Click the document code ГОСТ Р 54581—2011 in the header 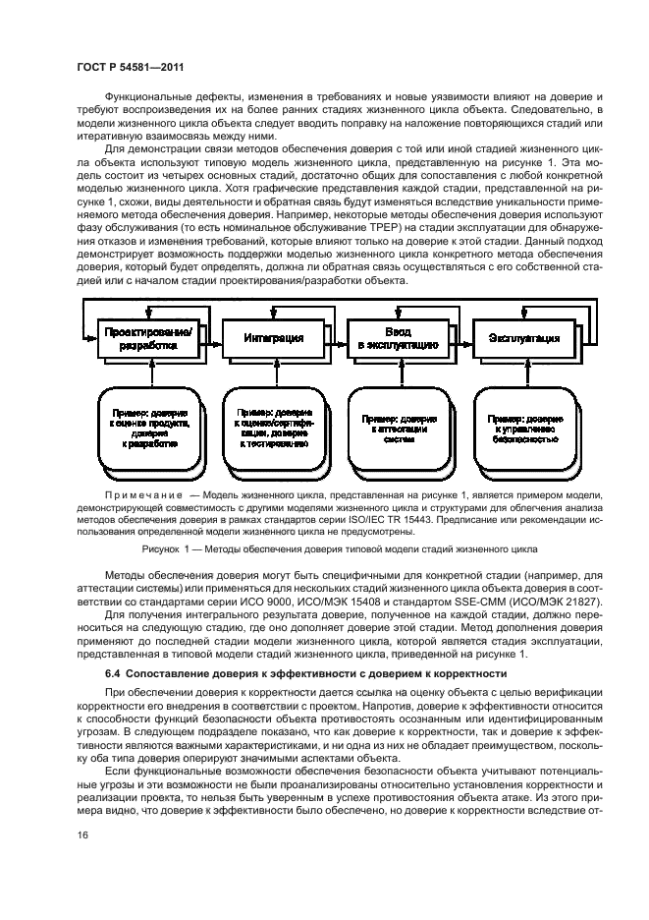pyautogui.click(x=131, y=67)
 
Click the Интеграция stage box pyautogui.click(x=272, y=338)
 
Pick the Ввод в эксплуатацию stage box pyautogui.click(x=398, y=338)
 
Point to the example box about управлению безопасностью pyautogui.click(x=523, y=430)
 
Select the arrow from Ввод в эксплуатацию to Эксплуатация pyautogui.click(x=460, y=338)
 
